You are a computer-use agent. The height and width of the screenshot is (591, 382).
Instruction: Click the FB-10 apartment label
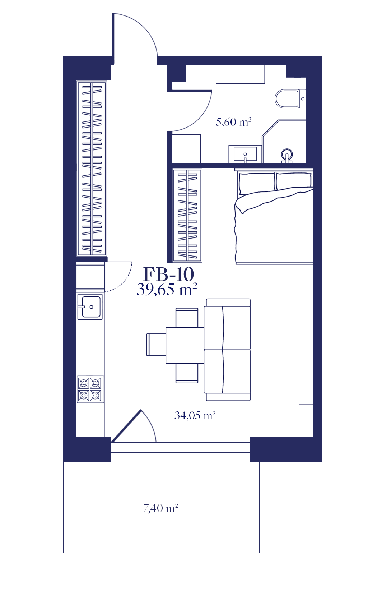[169, 274]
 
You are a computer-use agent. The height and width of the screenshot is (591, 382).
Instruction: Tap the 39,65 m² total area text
[167, 290]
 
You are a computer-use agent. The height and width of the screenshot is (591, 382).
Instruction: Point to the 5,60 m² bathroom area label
[234, 122]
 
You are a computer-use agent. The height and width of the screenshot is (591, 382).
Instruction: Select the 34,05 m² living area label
[195, 416]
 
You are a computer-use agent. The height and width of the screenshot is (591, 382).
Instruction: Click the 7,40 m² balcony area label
[161, 508]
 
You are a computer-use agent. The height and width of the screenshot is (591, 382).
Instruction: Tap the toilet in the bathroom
[290, 99]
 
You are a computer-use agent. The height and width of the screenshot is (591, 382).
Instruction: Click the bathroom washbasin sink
[245, 154]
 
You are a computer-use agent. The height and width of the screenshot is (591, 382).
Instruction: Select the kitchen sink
[90, 306]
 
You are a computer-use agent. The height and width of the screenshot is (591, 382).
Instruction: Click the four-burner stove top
[90, 389]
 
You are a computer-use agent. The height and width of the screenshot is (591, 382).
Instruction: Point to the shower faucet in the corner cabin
[287, 156]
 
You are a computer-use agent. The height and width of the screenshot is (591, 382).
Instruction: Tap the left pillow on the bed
[257, 183]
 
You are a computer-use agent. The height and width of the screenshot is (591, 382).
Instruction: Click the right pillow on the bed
[293, 181]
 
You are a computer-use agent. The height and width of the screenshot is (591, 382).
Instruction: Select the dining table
[185, 345]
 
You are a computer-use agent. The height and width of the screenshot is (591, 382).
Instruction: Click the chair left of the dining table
[156, 345]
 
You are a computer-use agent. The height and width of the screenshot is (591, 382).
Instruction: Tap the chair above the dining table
[187, 317]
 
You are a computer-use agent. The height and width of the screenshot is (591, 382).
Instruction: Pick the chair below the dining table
[187, 373]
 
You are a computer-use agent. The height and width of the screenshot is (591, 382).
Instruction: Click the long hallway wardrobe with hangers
[92, 168]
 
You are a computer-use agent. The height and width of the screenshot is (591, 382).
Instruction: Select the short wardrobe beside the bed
[187, 216]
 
